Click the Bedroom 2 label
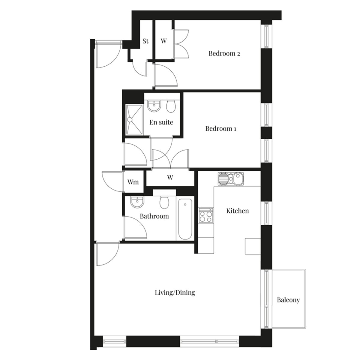[x=224, y=53]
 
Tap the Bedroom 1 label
[x=221, y=128]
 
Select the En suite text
[x=161, y=122]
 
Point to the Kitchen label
[x=237, y=211]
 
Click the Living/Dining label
[x=175, y=292]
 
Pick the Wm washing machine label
[x=133, y=182]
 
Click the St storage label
[x=145, y=41]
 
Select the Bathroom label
[x=154, y=216]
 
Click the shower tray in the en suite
[x=134, y=119]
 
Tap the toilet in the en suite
[x=171, y=106]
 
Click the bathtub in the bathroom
[x=185, y=219]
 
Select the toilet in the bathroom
[x=164, y=202]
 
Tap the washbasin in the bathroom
[x=137, y=202]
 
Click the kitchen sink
[x=231, y=179]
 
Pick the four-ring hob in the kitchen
[x=206, y=217]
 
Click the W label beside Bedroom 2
[x=164, y=41]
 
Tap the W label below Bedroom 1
[x=170, y=177]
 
